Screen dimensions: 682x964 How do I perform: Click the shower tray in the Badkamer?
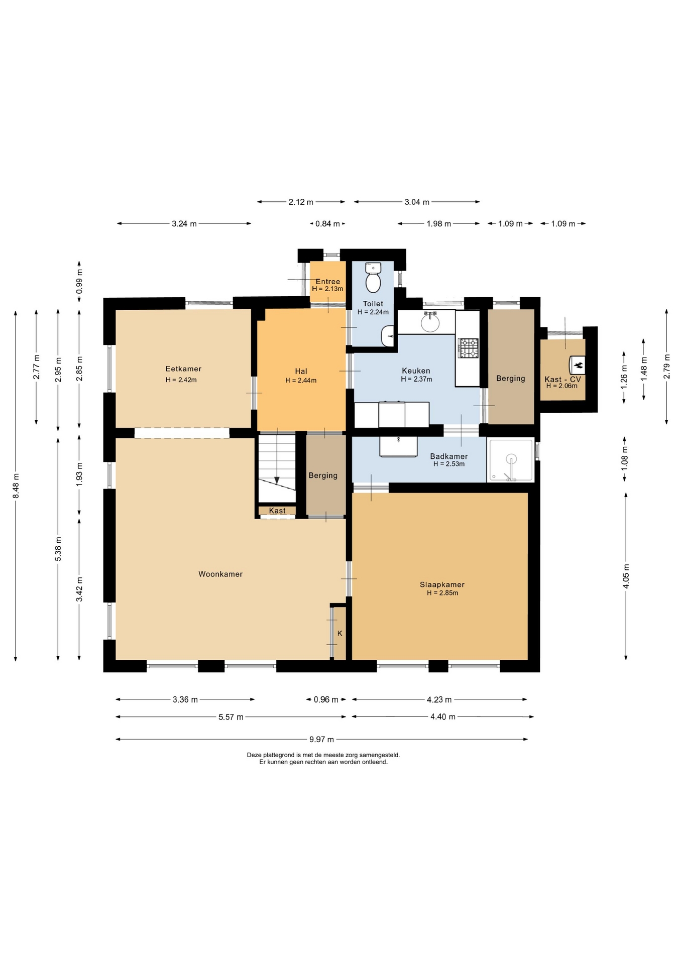coord(510,460)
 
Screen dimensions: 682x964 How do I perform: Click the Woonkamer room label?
coord(220,574)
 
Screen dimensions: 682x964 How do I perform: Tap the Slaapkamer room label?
coord(442,584)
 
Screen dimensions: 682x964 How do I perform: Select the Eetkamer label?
coord(183,369)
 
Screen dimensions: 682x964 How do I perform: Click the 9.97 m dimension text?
coord(321,739)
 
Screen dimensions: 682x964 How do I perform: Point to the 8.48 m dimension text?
coord(16,486)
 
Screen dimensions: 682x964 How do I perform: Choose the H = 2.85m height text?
coord(442,593)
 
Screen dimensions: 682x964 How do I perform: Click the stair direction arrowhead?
coord(277,480)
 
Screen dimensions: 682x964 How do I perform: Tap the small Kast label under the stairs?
coord(277,511)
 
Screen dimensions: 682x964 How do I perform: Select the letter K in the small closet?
coord(340,634)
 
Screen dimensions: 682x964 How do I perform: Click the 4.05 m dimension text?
coord(626,576)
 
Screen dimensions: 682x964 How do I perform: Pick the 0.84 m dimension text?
coord(327,223)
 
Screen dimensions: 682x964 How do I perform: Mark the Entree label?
coord(328,282)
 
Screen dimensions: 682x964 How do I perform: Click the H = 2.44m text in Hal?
coord(301,380)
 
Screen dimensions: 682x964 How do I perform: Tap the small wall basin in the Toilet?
coord(388,336)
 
